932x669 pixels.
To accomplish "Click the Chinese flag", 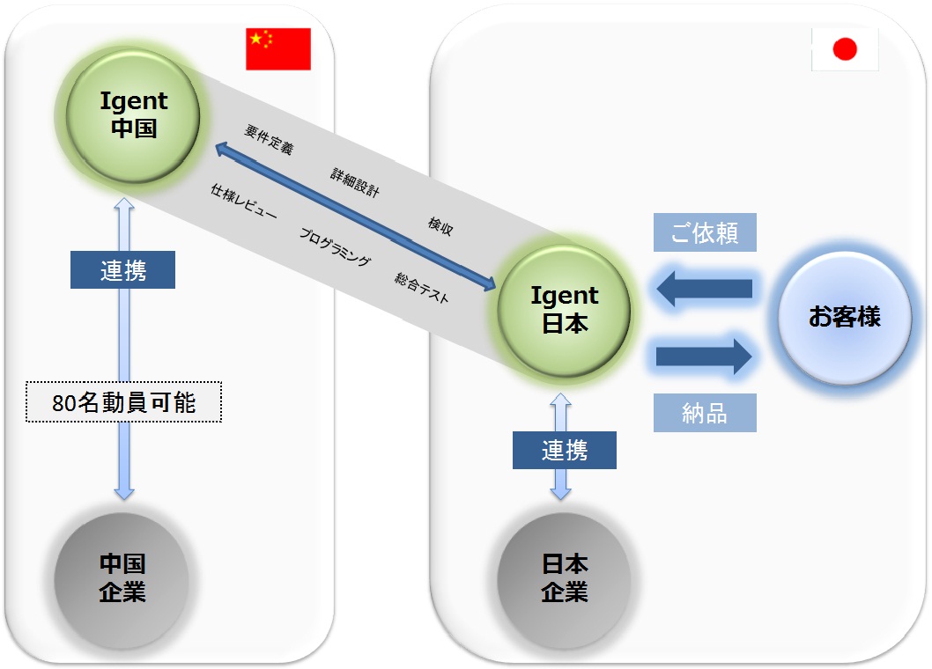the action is (278, 48).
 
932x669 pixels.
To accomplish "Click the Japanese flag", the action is (845, 49).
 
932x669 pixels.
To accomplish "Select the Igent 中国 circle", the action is (133, 116).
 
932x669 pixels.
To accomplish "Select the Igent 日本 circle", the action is (564, 310).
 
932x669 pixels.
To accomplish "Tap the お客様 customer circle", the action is (845, 317).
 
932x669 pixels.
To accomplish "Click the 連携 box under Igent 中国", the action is (123, 269).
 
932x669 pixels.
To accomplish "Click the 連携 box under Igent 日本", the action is (565, 451).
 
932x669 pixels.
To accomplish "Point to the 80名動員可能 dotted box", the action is (123, 402).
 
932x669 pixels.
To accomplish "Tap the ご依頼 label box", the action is (705, 232).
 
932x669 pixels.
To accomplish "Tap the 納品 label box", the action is (705, 412).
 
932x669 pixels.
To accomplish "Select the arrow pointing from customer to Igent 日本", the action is (705, 289).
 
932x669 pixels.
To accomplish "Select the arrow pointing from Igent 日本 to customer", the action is (705, 357).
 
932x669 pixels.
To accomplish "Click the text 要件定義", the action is (269, 140).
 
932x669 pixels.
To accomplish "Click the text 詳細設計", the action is (355, 182).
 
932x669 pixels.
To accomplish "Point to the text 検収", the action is (440, 225).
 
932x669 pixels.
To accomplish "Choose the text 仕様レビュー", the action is (244, 202).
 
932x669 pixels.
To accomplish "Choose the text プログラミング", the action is (335, 246).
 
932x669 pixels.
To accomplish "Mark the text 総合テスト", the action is (421, 288).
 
